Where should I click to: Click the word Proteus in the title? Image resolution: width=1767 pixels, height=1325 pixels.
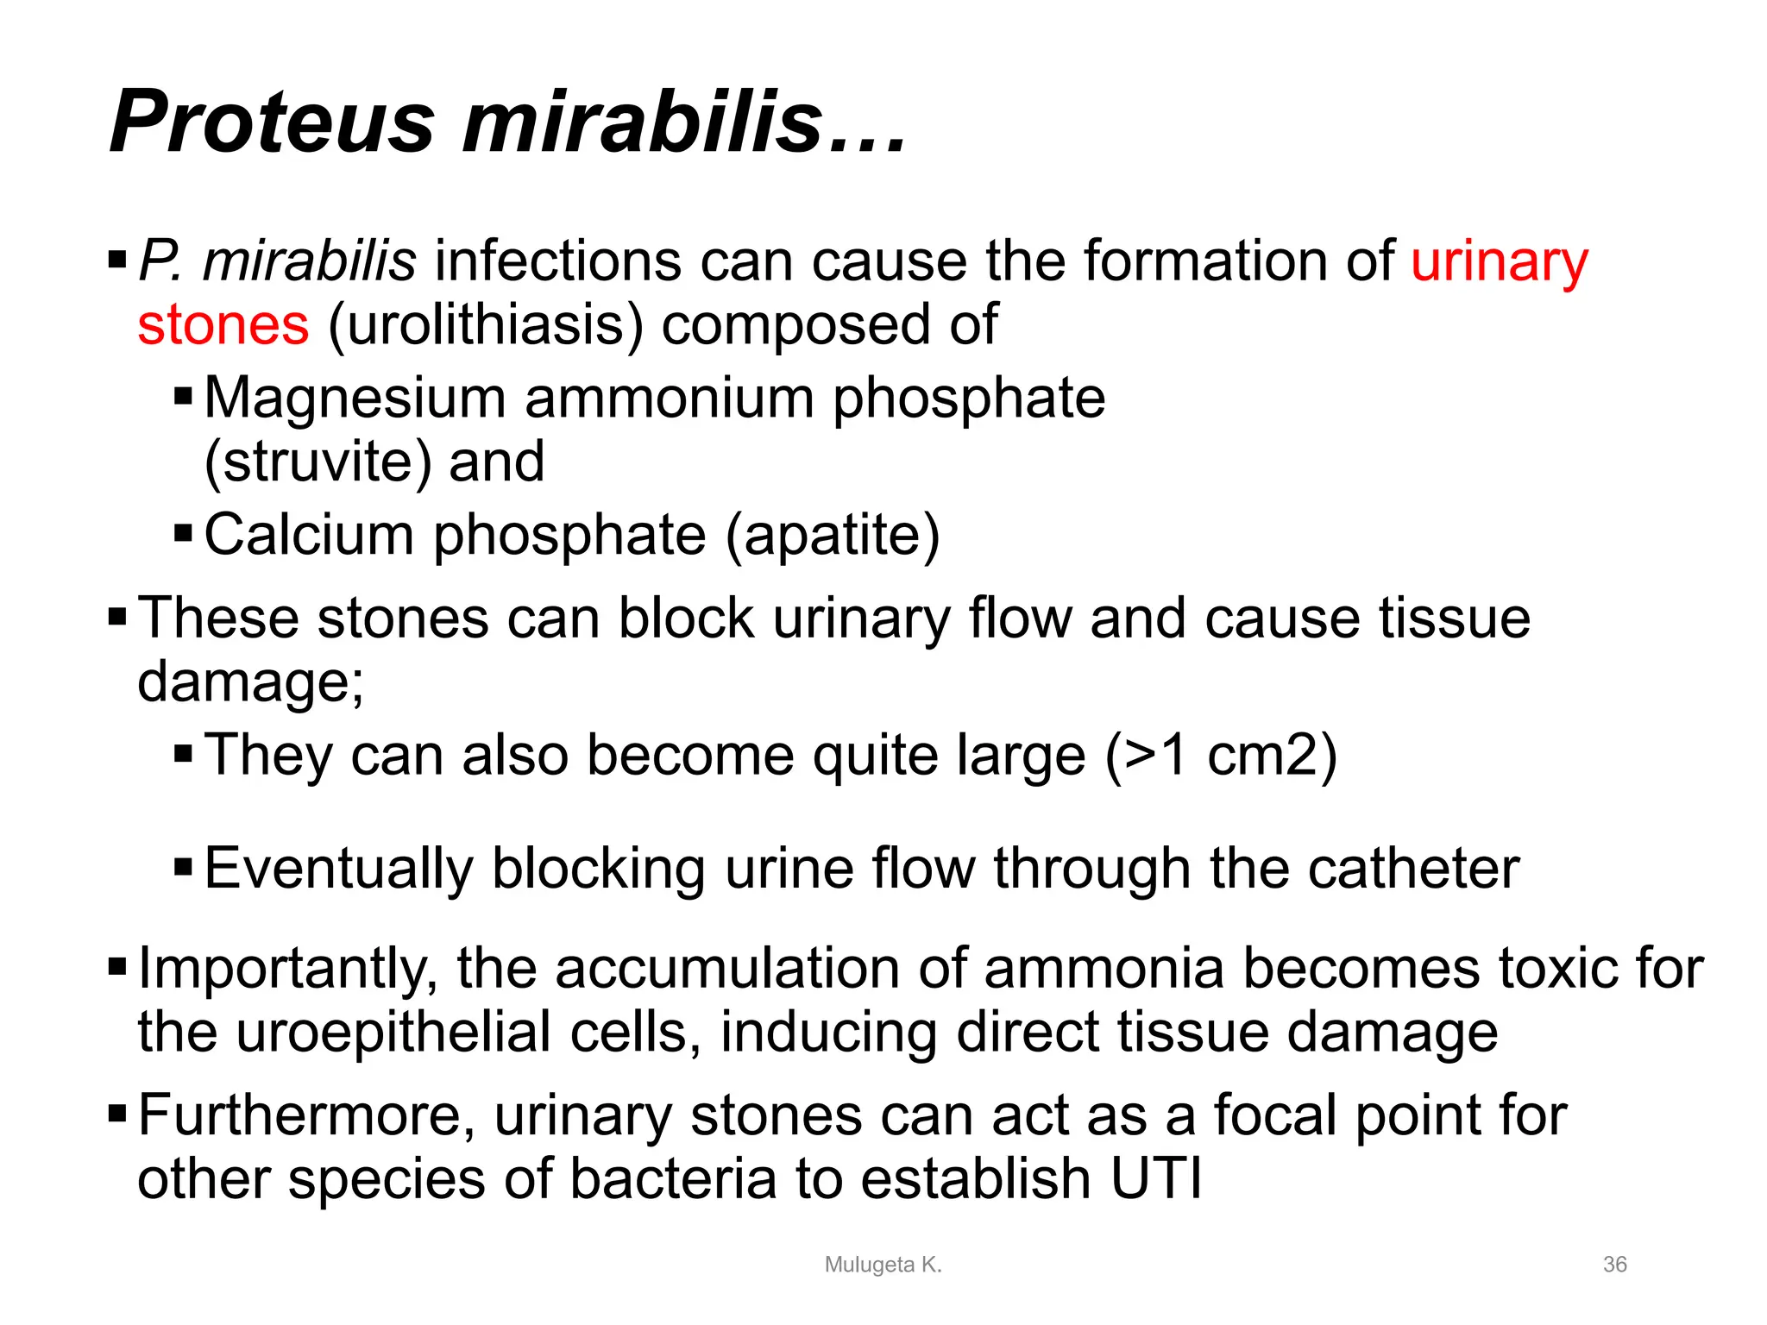click(x=272, y=122)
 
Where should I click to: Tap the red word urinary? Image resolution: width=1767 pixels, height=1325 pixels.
click(x=1499, y=261)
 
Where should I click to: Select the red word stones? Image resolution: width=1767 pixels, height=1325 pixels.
click(x=223, y=325)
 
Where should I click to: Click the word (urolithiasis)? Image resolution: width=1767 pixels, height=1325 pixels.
click(x=486, y=325)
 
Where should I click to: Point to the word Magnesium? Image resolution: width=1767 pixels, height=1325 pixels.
click(x=355, y=399)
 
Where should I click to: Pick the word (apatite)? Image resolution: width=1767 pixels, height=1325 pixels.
click(x=833, y=536)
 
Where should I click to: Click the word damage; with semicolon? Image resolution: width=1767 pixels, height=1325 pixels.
click(x=250, y=682)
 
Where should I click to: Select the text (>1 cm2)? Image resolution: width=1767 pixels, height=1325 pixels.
click(x=1221, y=756)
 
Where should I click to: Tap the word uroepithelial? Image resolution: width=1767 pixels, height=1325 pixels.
click(x=393, y=1033)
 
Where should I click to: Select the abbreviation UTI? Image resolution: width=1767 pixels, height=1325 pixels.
click(x=1155, y=1179)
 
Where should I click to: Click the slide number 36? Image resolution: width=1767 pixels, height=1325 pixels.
click(x=1614, y=1265)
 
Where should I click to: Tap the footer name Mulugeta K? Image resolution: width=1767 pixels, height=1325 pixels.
click(x=883, y=1265)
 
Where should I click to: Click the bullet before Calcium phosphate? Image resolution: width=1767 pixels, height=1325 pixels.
click(x=183, y=533)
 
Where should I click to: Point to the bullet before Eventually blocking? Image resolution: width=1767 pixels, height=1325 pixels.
click(x=183, y=865)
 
